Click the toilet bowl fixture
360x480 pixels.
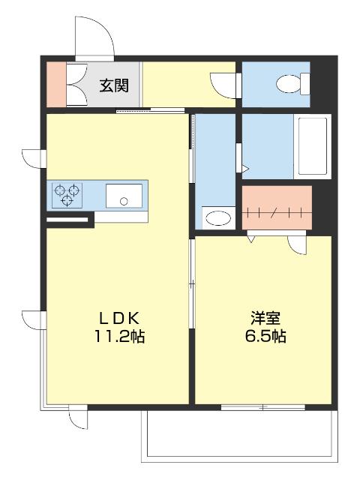(x=289, y=84)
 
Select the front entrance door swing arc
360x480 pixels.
(x=94, y=34)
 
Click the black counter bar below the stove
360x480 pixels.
(x=69, y=220)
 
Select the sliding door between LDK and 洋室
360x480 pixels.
(x=192, y=285)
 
